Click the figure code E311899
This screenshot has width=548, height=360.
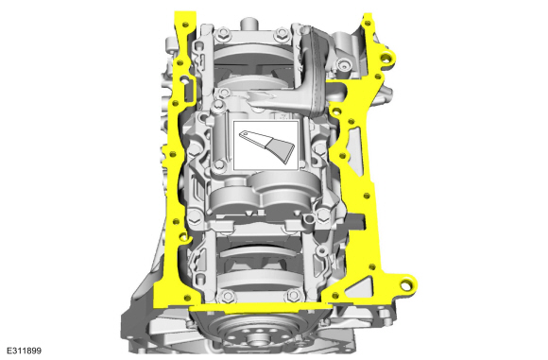point(24,351)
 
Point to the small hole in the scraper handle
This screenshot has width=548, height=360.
point(245,133)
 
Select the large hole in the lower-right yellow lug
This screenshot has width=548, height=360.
point(404,285)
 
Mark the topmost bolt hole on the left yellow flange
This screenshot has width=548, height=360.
point(185,25)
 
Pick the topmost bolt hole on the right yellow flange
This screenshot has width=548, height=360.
point(368,23)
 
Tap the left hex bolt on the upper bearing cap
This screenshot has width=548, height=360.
point(222,33)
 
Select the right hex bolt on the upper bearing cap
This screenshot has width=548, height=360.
point(282,33)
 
